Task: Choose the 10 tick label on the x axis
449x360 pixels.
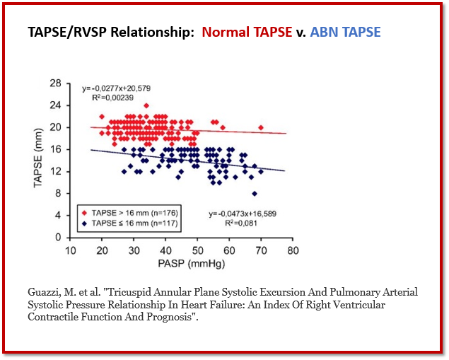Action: click(70, 251)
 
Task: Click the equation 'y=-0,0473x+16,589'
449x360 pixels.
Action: click(244, 213)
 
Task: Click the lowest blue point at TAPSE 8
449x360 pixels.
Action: click(255, 193)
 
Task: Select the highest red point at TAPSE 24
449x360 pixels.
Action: click(146, 105)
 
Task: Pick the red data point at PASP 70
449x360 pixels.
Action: click(261, 127)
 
